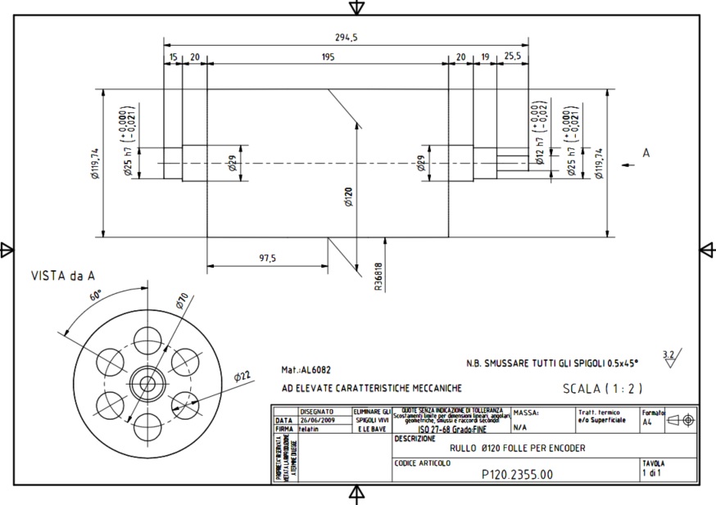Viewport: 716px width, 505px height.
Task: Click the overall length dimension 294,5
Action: click(347, 37)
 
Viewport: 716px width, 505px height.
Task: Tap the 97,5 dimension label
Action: click(267, 258)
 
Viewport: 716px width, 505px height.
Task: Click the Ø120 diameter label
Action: click(349, 197)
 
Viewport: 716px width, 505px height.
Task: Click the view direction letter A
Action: click(646, 153)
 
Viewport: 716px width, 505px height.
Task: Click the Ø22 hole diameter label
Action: click(242, 376)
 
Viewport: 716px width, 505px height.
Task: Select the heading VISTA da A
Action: click(63, 276)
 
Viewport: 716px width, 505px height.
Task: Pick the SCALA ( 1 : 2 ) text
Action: click(601, 388)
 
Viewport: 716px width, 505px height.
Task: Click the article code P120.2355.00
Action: click(517, 474)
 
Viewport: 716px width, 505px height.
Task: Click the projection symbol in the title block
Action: click(681, 419)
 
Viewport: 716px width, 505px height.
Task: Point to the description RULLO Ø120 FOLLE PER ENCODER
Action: click(518, 448)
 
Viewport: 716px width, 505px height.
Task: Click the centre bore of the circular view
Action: click(148, 382)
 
